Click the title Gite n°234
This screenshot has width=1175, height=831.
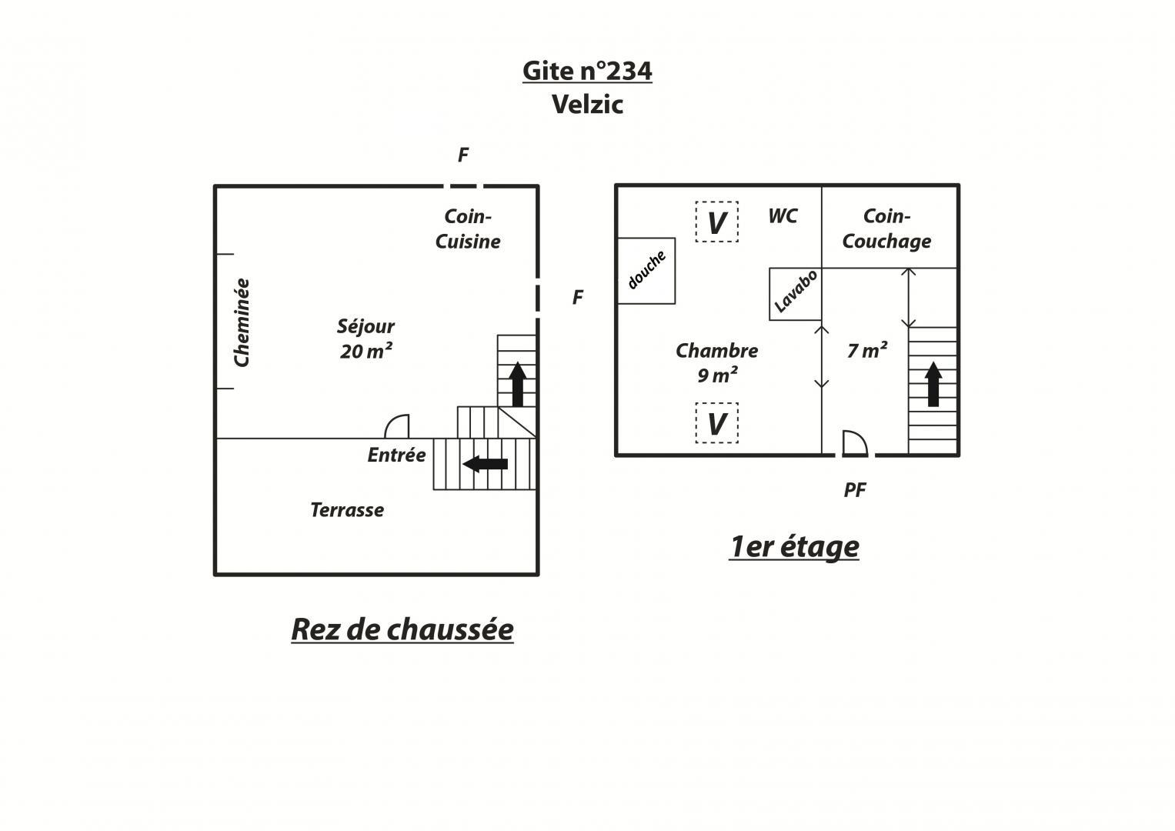coord(587,71)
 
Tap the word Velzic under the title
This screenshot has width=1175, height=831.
coord(588,105)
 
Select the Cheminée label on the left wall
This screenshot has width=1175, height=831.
coord(242,322)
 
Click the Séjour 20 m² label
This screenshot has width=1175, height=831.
coord(365,339)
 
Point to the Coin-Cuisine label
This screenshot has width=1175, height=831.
coord(467,229)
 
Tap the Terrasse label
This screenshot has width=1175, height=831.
coord(347,510)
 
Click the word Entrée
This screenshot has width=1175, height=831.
coord(396,455)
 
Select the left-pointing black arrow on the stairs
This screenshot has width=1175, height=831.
coord(486,464)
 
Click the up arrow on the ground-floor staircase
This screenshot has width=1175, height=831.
coord(518,384)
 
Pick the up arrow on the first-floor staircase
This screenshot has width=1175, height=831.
coord(933,384)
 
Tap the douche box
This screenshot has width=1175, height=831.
coord(646,271)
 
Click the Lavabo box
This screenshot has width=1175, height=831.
coord(795,294)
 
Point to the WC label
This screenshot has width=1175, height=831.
coord(783,216)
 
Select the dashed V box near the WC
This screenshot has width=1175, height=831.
coord(717,222)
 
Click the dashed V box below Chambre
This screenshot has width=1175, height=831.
coord(717,423)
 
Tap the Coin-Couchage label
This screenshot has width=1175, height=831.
coord(886,229)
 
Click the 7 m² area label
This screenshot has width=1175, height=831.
coord(867,350)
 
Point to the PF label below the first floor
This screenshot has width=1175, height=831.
coord(854,490)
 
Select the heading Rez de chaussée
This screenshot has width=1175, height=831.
coord(402,629)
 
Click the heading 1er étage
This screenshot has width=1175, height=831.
coord(794,547)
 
